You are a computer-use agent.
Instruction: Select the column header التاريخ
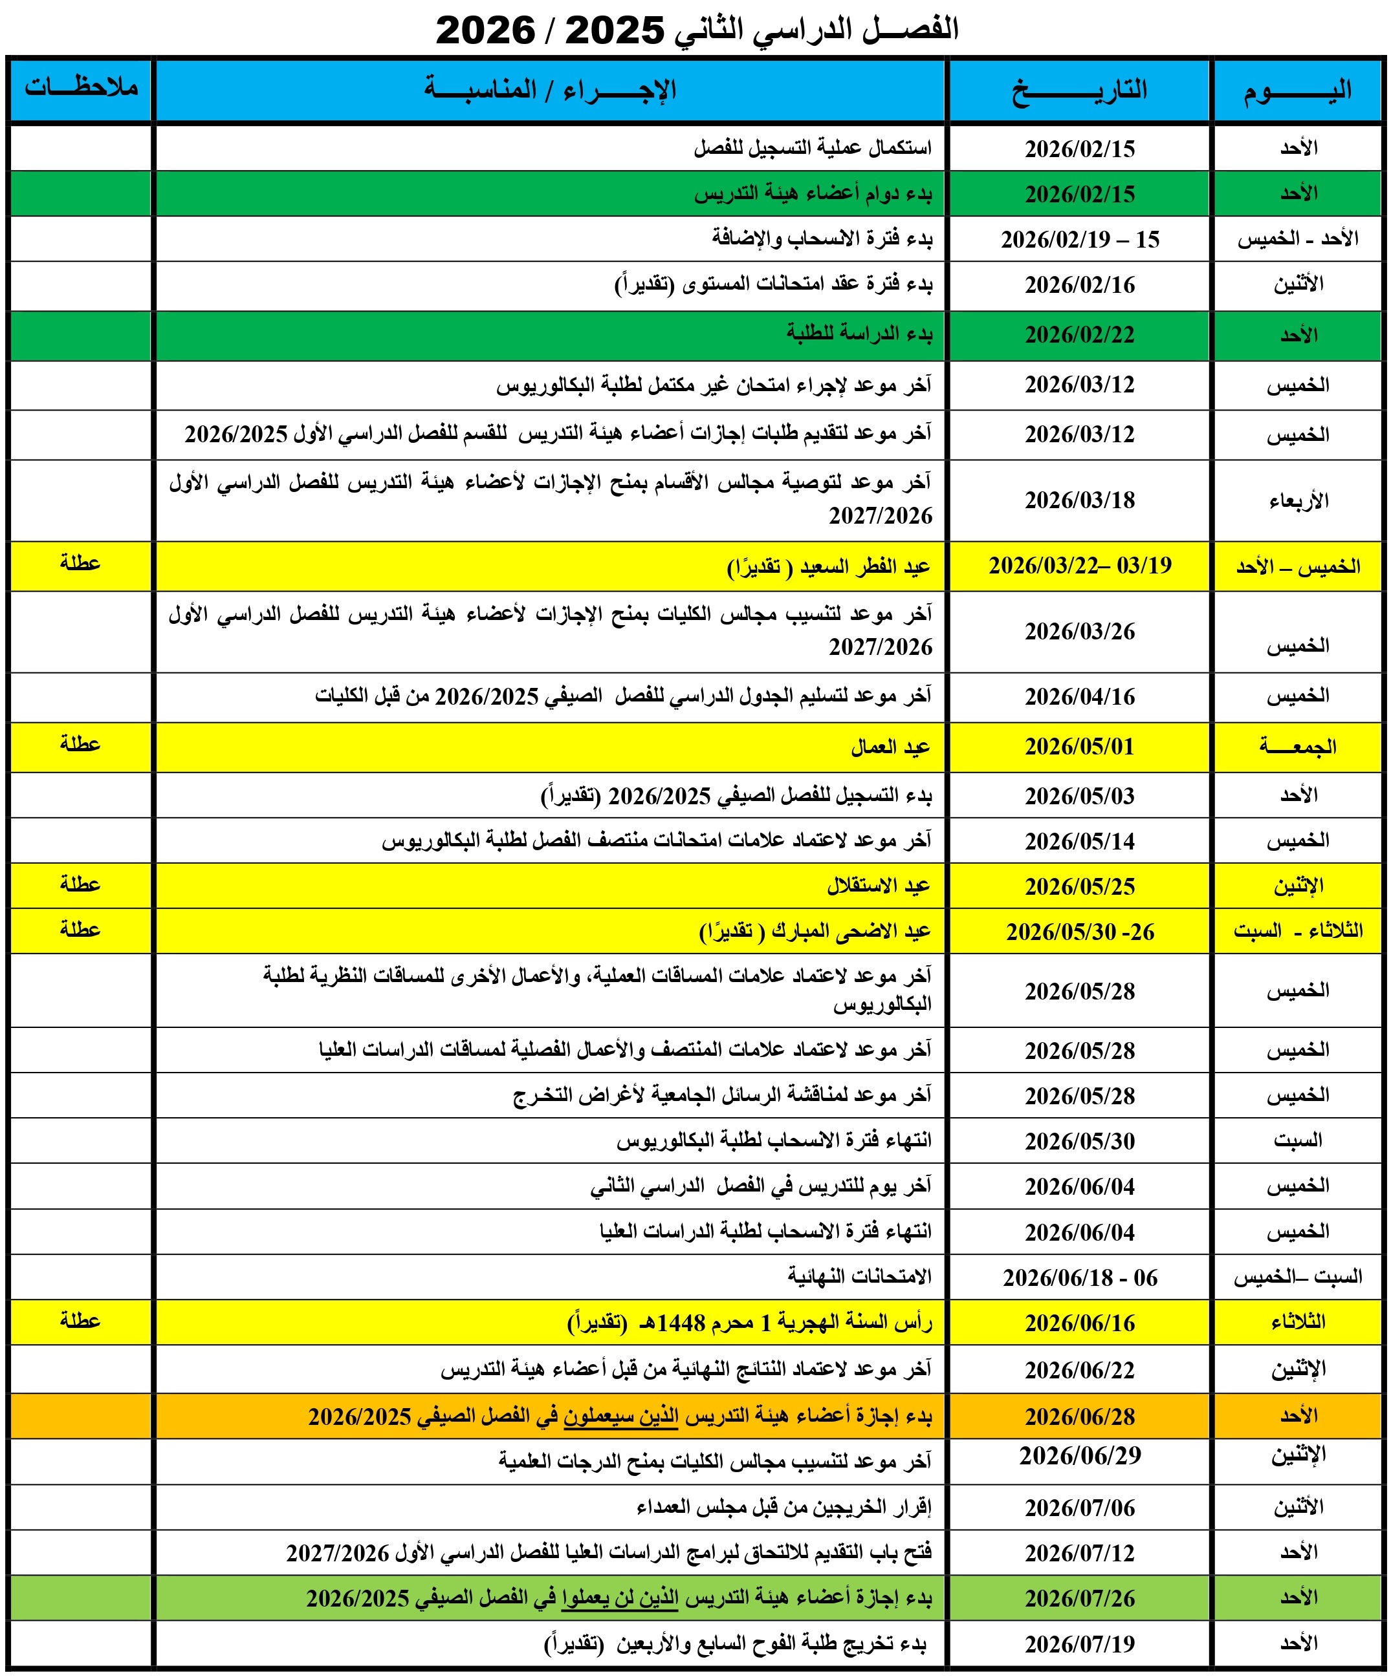[x=1079, y=90]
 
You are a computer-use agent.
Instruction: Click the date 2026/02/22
[x=1079, y=335]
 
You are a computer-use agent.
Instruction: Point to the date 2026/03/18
[x=1079, y=500]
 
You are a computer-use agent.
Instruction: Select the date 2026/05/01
[x=1079, y=747]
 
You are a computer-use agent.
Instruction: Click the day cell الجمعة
[x=1297, y=747]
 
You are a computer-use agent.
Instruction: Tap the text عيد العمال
[x=890, y=747]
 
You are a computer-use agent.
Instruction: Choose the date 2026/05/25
[x=1079, y=886]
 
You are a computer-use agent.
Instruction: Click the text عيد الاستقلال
[x=879, y=886]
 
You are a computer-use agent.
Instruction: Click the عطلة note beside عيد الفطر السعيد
[x=80, y=564]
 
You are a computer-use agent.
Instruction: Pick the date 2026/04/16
[x=1079, y=697]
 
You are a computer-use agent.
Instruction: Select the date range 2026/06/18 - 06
[x=1079, y=1278]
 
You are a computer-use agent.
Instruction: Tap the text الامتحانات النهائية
[x=859, y=1277]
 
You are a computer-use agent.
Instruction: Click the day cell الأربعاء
[x=1297, y=501]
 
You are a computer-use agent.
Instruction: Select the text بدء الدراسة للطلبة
[x=859, y=334]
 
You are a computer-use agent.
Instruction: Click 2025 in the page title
[x=615, y=31]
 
